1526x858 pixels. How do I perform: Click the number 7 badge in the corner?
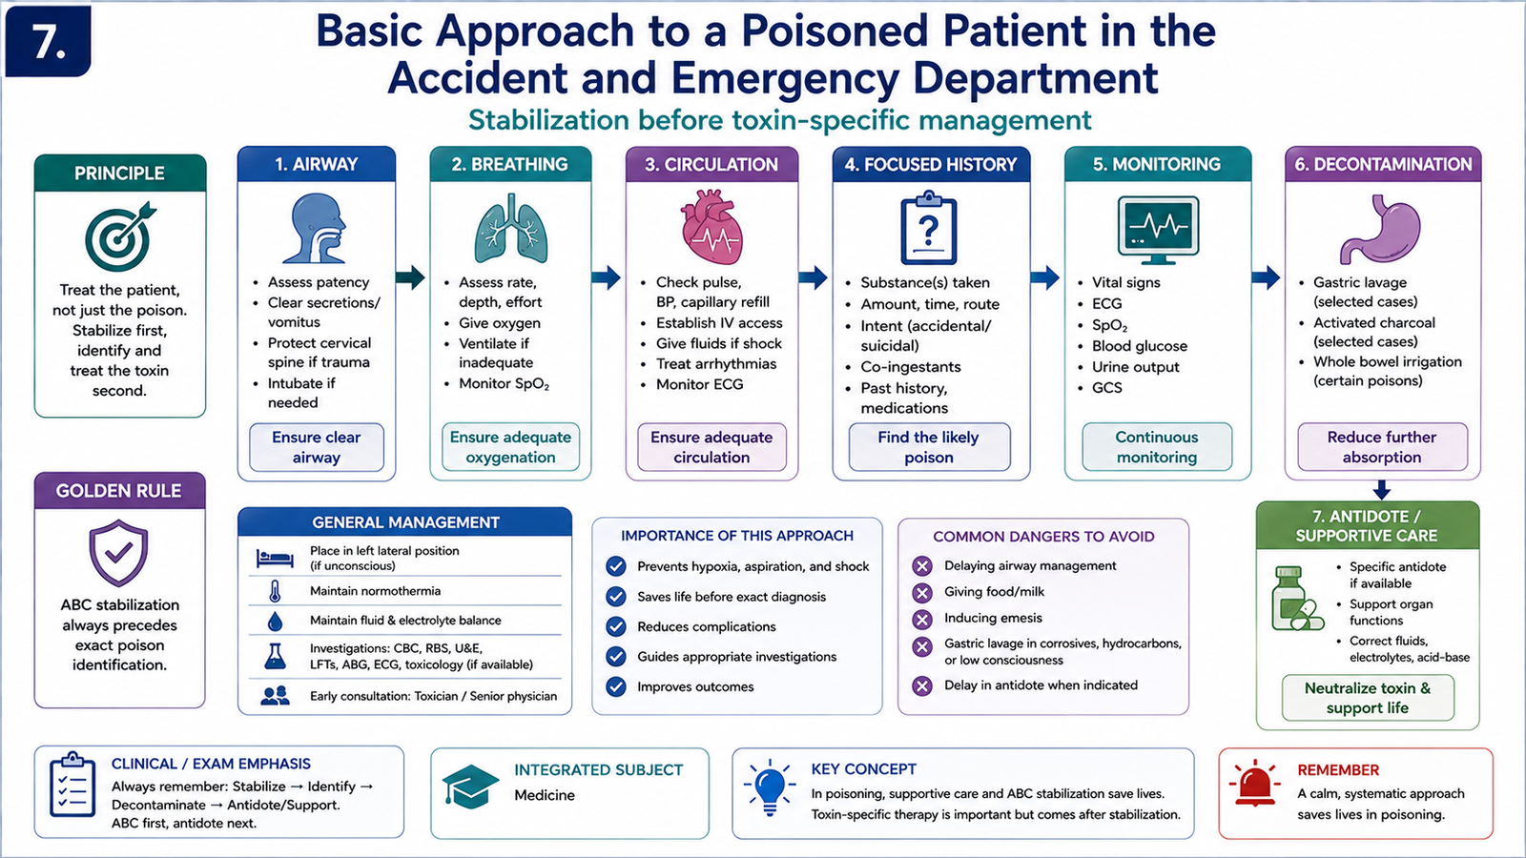click(x=48, y=42)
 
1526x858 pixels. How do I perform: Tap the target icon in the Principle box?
click(x=120, y=235)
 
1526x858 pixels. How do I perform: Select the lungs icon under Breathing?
click(x=510, y=229)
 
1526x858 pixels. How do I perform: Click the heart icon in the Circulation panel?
click(x=711, y=227)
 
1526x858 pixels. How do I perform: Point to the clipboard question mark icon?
click(x=929, y=228)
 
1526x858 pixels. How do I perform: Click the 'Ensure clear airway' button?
click(x=316, y=447)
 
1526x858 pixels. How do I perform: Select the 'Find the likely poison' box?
click(x=929, y=447)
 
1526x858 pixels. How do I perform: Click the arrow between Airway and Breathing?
click(x=411, y=277)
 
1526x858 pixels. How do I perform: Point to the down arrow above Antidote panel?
click(x=1381, y=490)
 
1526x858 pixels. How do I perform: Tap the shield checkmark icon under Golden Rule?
click(x=118, y=553)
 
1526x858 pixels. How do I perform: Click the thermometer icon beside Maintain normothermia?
click(x=275, y=591)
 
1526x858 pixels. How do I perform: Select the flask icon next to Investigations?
click(x=275, y=657)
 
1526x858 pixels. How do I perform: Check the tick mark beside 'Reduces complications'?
click(x=616, y=626)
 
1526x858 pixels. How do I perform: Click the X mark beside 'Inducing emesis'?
click(x=922, y=619)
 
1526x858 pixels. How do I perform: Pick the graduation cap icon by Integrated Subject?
click(x=470, y=786)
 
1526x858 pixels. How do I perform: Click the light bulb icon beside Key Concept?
click(x=770, y=787)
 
